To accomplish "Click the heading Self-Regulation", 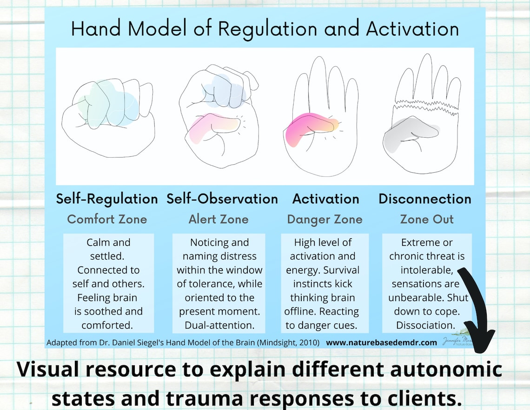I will pyautogui.click(x=107, y=199).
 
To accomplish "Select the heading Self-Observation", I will pyautogui.click(x=222, y=199).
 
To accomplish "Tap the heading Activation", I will pyautogui.click(x=325, y=199).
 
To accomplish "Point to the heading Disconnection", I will pyautogui.click(x=425, y=199).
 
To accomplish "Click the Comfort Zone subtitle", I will pyautogui.click(x=107, y=219).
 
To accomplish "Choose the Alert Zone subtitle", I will pyautogui.click(x=219, y=219).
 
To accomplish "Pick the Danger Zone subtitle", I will pyautogui.click(x=325, y=219).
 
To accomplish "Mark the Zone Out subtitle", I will pyautogui.click(x=427, y=219).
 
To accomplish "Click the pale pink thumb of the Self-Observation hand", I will pyautogui.click(x=214, y=126).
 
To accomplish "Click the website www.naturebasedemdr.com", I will pyautogui.click(x=381, y=343).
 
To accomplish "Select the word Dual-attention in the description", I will pyautogui.click(x=219, y=324).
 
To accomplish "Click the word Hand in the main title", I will pyautogui.click(x=94, y=29).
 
